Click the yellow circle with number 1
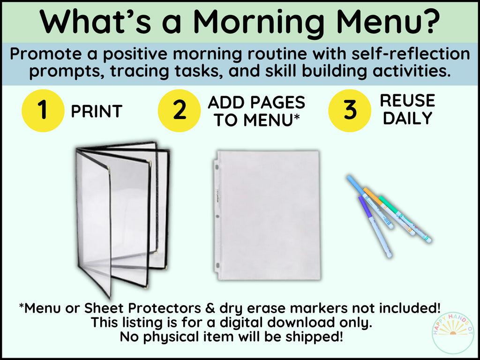(43, 111)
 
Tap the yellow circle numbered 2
(180, 111)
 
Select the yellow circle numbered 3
(350, 111)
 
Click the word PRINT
(97, 111)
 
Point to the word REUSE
(407, 101)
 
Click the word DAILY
(407, 118)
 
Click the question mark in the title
(430, 21)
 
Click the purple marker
(375, 226)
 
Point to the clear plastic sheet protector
(266, 215)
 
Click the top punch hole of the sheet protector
(217, 167)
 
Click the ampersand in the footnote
(210, 308)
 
